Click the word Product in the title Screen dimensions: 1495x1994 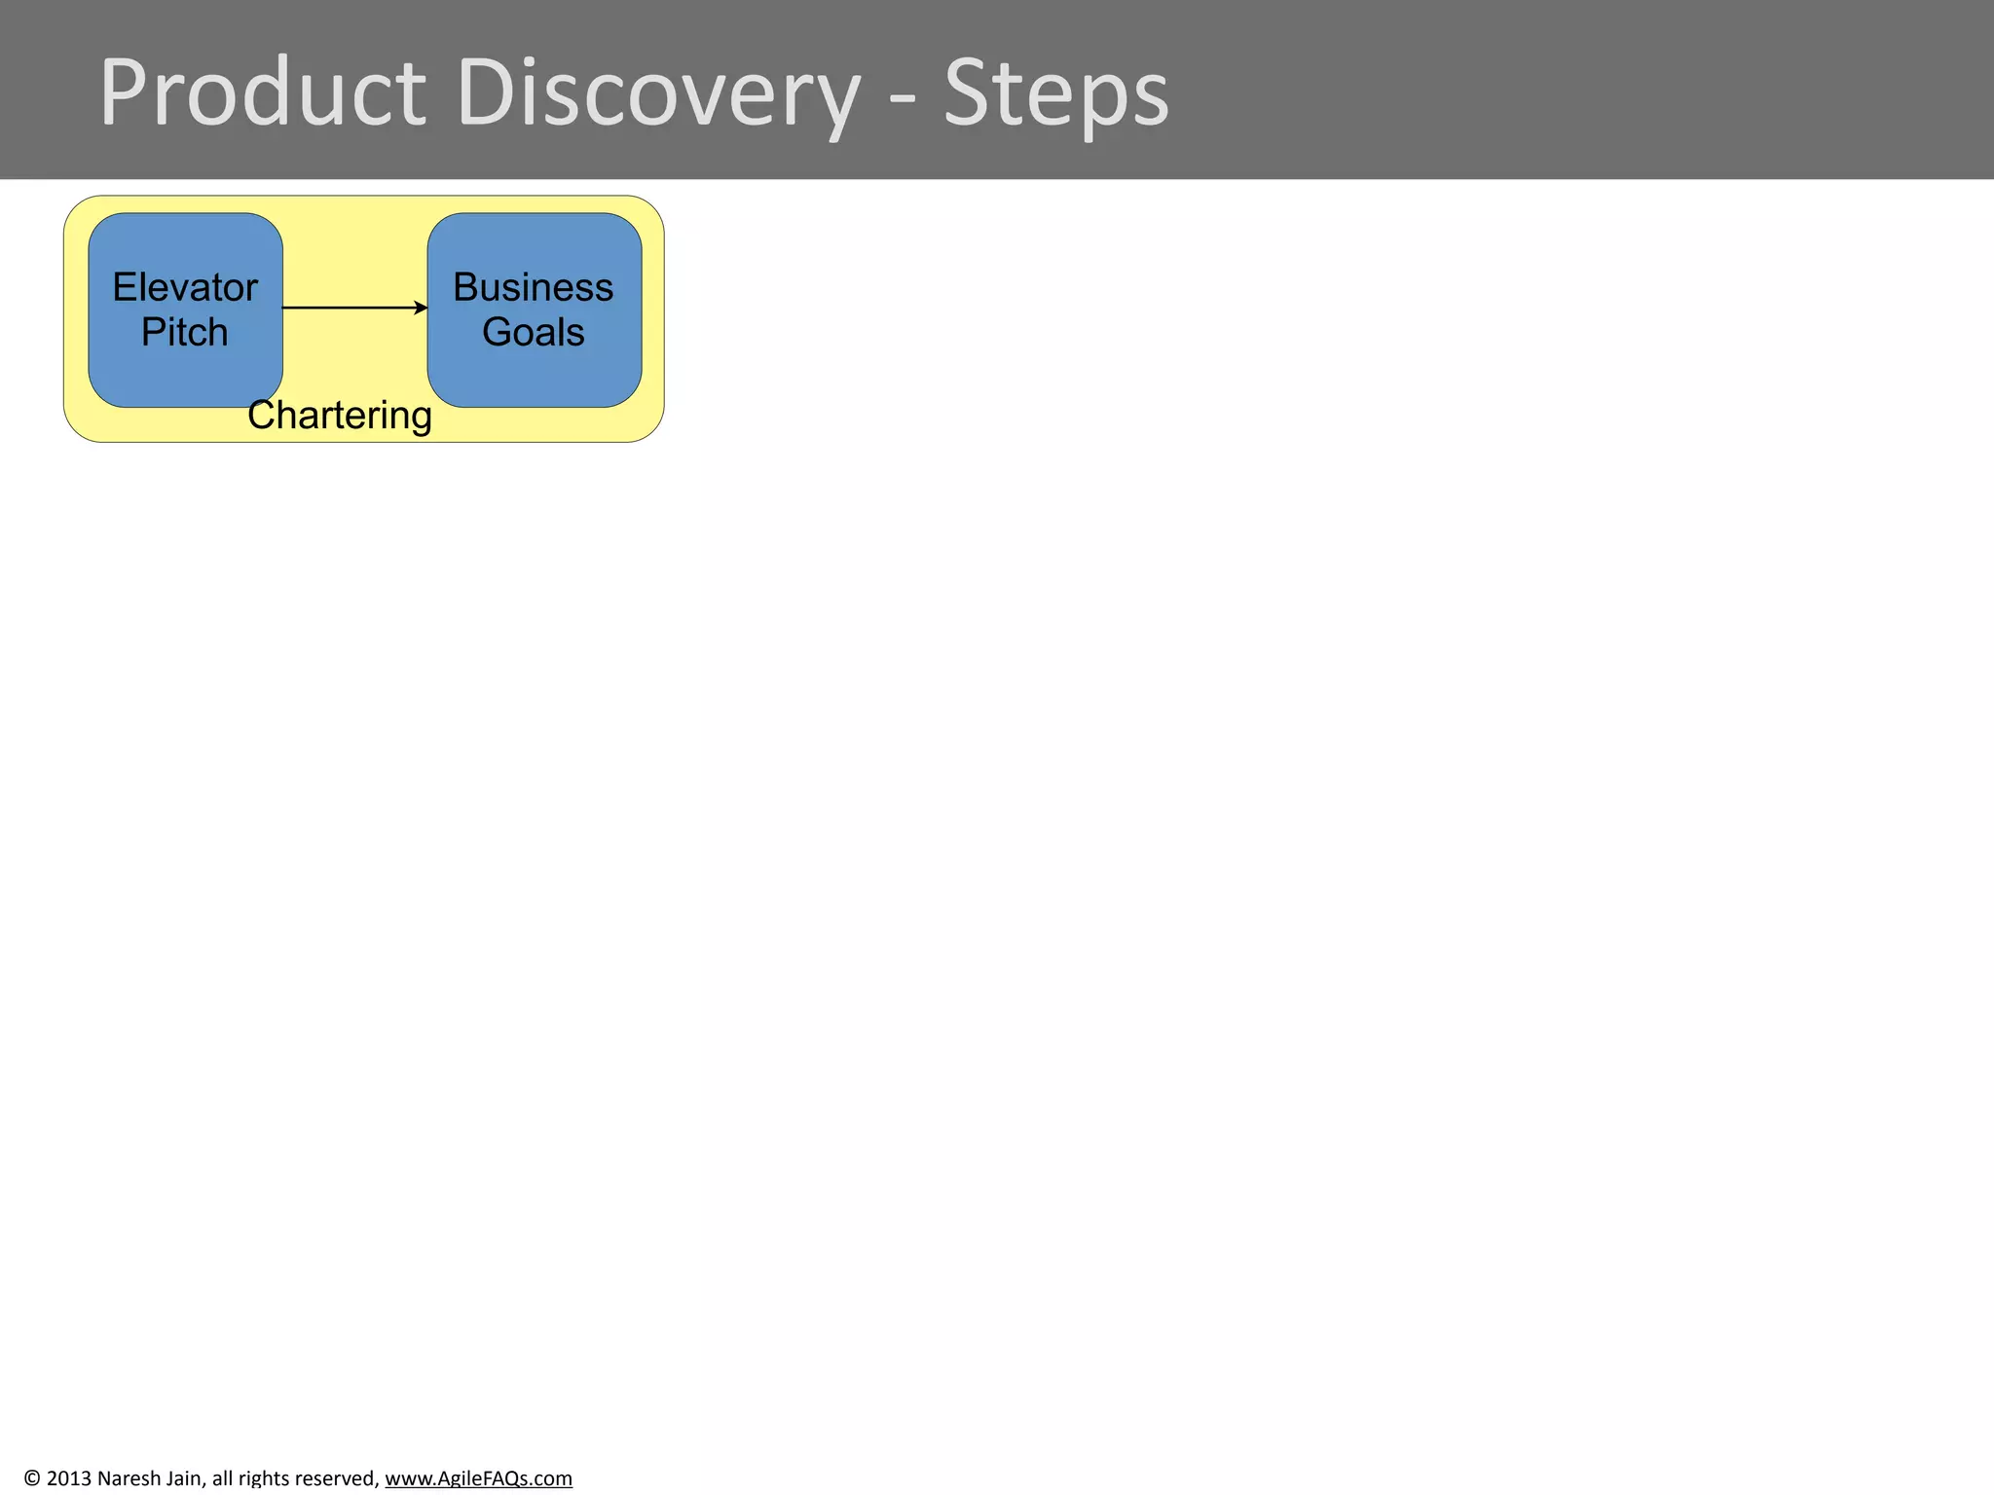263,93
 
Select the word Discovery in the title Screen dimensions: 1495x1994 658,93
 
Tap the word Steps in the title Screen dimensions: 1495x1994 1055,93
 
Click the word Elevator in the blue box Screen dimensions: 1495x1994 185,287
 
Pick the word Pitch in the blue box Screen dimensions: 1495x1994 184,332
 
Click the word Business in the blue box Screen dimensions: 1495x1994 533,287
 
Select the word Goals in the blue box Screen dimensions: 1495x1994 533,332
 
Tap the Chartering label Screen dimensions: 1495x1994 339,416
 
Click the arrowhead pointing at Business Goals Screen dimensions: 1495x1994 422,308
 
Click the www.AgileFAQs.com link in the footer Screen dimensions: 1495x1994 478,1478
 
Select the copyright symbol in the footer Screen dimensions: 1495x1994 32,1478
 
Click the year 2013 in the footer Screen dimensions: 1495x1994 68,1478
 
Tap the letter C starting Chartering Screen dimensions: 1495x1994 261,416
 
